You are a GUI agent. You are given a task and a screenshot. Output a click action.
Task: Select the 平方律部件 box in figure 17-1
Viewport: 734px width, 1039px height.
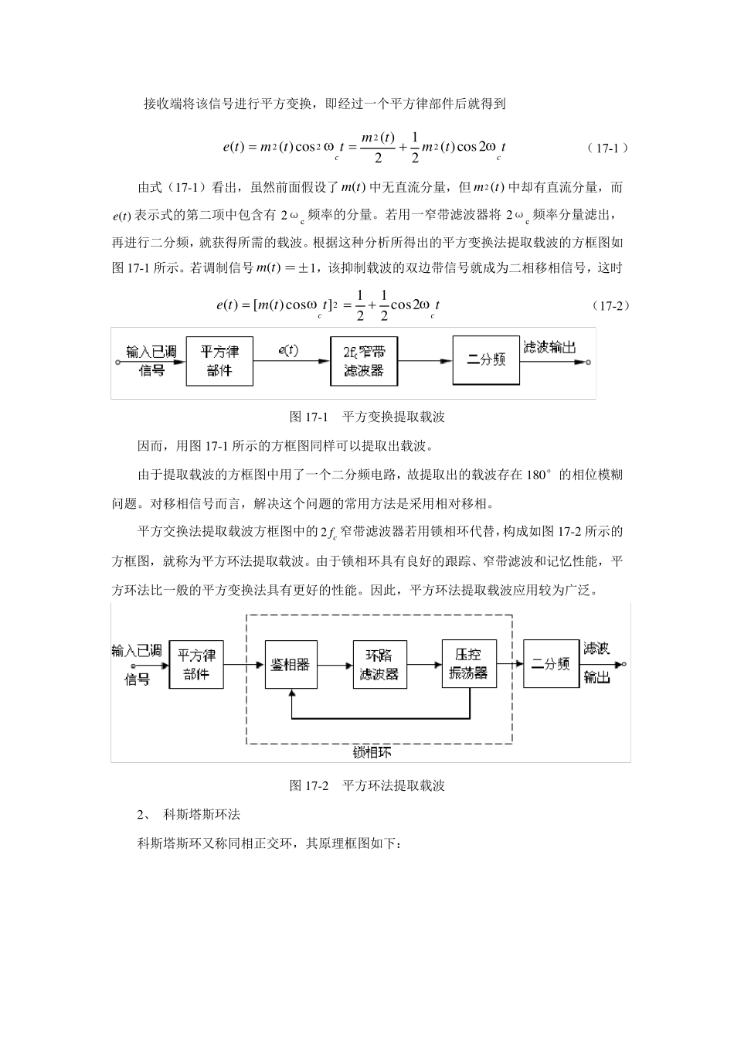click(219, 361)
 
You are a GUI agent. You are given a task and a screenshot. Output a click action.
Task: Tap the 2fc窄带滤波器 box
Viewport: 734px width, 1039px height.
click(363, 361)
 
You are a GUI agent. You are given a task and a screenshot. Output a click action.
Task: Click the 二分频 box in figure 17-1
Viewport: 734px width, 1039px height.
click(486, 359)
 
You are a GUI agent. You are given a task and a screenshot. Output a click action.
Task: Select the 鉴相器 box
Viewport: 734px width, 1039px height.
click(291, 664)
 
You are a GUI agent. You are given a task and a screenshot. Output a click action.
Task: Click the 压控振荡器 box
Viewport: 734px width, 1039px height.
click(469, 664)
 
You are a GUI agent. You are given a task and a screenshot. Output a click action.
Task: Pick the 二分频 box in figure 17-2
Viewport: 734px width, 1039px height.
click(551, 664)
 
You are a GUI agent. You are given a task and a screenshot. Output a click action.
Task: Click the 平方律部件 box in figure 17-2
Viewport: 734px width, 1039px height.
click(196, 664)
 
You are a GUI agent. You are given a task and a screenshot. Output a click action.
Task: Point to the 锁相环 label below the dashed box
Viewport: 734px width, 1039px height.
click(379, 752)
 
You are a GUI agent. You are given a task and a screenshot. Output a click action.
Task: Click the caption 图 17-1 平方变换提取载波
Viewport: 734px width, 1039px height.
click(367, 417)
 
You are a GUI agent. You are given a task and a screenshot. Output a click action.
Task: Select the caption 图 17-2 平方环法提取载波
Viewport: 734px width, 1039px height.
click(367, 785)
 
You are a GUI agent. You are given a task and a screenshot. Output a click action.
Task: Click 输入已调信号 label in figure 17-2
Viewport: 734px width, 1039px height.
click(138, 663)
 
